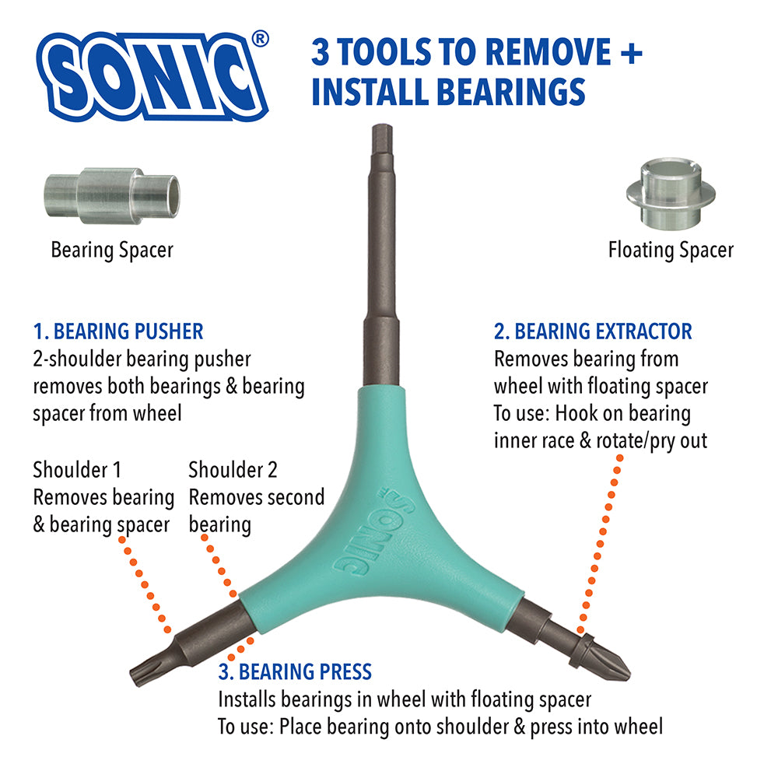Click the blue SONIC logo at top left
click(x=152, y=76)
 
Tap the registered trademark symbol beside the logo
click(x=260, y=39)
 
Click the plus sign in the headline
click(x=631, y=53)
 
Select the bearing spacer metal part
click(x=113, y=195)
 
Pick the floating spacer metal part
click(x=671, y=194)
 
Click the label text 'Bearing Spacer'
click(x=112, y=250)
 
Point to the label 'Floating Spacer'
click(x=671, y=250)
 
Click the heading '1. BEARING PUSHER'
click(x=118, y=331)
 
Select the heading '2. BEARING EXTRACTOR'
click(x=593, y=331)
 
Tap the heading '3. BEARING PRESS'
click(x=295, y=672)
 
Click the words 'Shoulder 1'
click(x=77, y=470)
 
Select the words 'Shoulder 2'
click(x=233, y=470)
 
